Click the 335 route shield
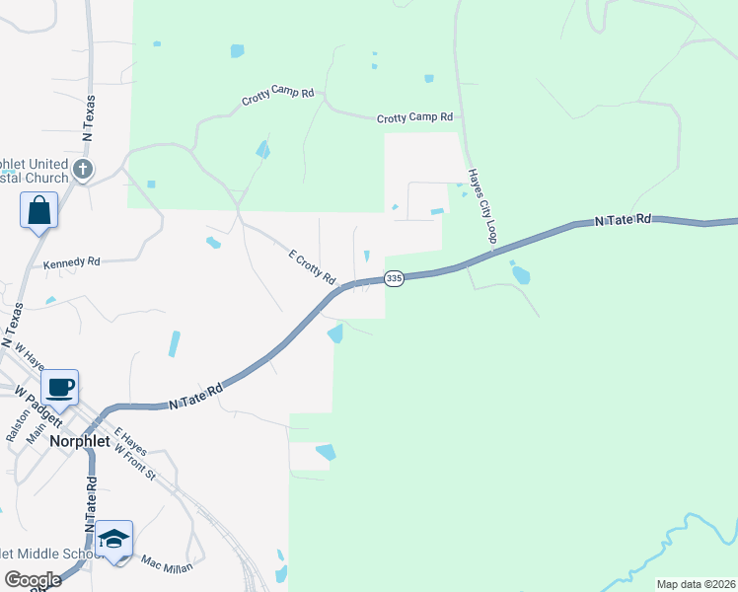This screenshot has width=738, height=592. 394,279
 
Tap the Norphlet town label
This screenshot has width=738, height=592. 80,442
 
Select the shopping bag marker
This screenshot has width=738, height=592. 38,210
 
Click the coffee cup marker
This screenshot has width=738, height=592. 60,387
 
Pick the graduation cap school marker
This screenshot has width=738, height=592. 114,538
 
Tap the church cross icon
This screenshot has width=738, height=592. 83,170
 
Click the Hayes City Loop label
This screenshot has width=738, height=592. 481,204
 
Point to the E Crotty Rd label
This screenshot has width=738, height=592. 312,263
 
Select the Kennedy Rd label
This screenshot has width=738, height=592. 72,263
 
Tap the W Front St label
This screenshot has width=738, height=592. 135,461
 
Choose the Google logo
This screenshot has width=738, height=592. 33,579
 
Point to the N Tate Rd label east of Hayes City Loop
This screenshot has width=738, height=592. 624,221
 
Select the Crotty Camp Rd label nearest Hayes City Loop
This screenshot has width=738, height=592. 414,117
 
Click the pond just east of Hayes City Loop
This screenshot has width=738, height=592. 520,273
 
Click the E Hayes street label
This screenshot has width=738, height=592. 129,441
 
